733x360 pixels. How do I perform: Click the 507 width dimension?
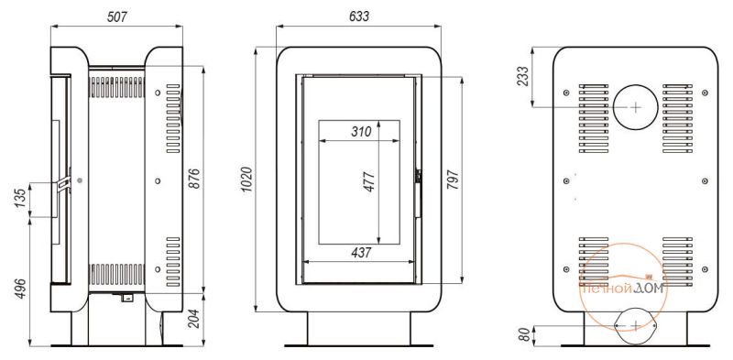(x=117, y=17)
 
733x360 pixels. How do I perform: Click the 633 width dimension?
(x=359, y=16)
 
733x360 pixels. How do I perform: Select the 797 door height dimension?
(x=453, y=180)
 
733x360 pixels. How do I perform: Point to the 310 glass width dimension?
(x=361, y=131)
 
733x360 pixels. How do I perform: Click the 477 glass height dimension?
(x=369, y=182)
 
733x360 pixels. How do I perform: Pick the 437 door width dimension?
(x=361, y=253)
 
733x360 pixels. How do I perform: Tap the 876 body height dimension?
(x=194, y=178)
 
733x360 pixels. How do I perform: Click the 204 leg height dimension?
(x=195, y=320)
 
